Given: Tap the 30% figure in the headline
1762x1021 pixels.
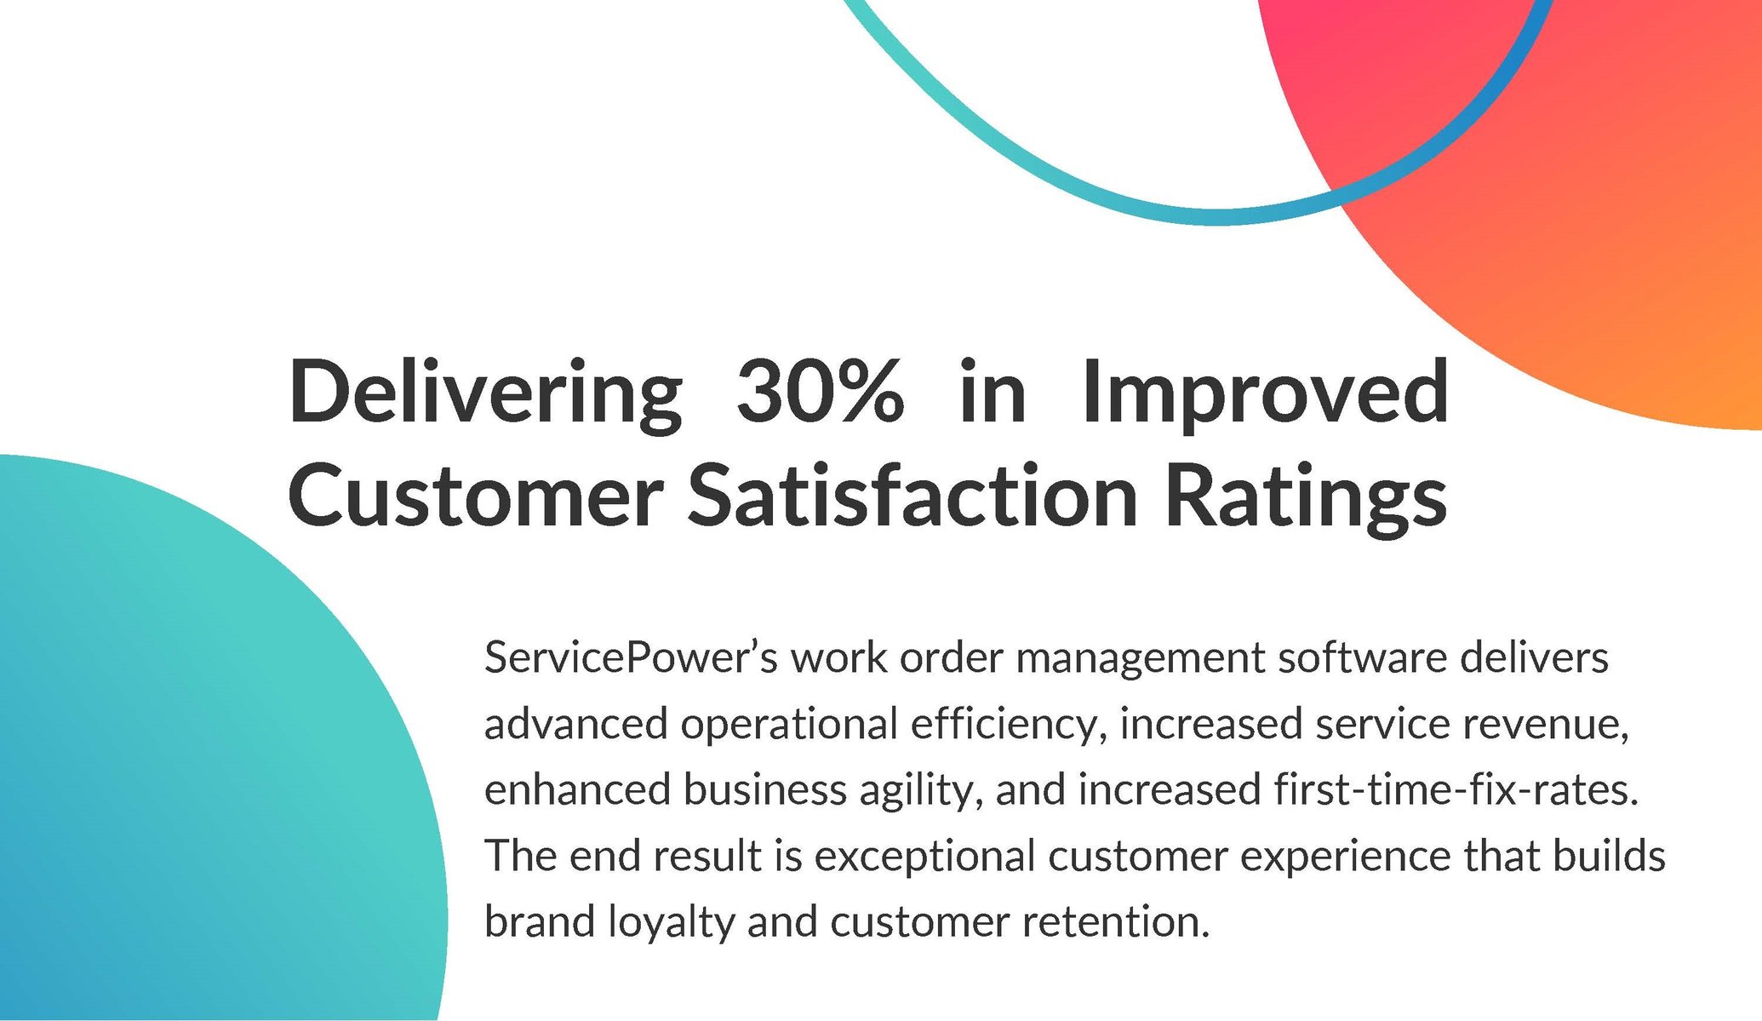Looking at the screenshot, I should (819, 392).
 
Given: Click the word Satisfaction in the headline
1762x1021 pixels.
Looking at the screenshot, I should (912, 496).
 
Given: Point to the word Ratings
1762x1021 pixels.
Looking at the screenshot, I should (1305, 497).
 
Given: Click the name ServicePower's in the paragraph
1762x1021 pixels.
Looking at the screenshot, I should (631, 658).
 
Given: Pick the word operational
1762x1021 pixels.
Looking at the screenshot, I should (789, 725).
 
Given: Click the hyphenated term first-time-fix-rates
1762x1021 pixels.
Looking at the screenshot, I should (1456, 789).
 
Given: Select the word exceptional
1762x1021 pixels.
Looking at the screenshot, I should (924, 857).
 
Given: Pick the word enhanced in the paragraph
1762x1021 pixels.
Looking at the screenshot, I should (577, 789).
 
